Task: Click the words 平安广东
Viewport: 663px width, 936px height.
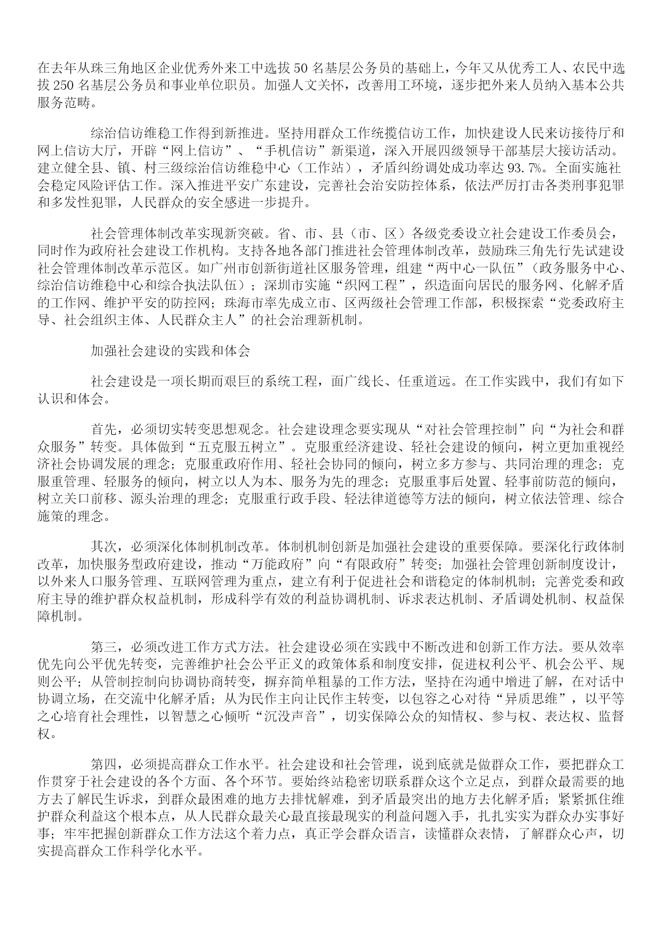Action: (x=248, y=186)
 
